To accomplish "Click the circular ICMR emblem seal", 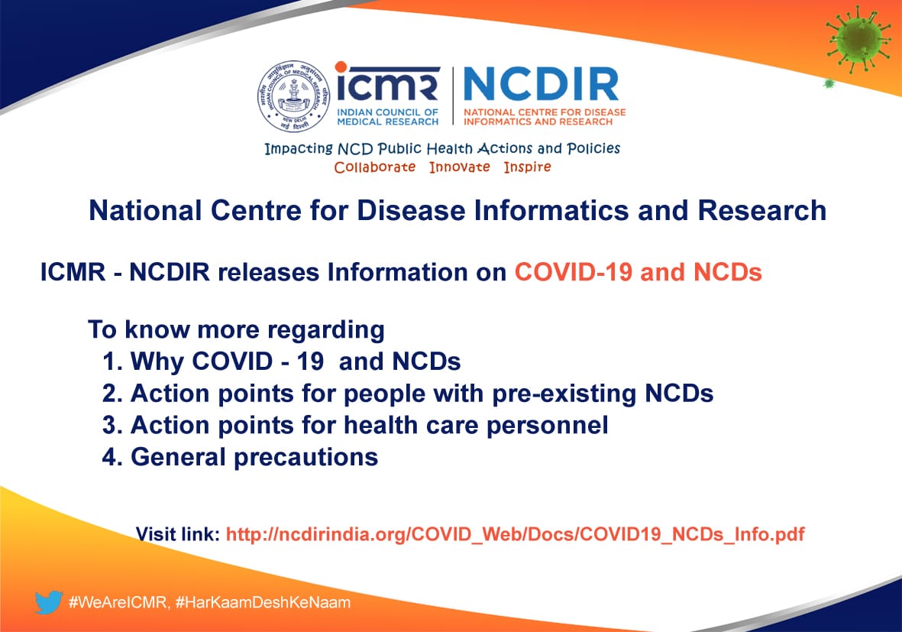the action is click(293, 96).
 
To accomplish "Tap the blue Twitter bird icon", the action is click(48, 602).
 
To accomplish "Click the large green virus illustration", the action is click(858, 39).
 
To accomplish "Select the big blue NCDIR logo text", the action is click(541, 85).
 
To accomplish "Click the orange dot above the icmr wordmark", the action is click(341, 67).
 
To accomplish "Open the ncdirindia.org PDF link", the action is click(515, 535).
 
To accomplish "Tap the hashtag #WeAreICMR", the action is click(118, 603).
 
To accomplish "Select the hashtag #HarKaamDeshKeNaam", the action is click(263, 603).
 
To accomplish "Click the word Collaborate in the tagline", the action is click(374, 167).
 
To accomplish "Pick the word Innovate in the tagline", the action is click(460, 167).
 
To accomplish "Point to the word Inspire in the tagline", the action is click(528, 167).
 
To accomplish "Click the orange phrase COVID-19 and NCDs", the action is click(638, 272).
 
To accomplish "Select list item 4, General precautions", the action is click(240, 457).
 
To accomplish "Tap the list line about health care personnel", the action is click(355, 426).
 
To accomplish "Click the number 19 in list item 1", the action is click(310, 361).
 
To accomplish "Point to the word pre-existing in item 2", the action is click(564, 394).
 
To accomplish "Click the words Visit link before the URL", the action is click(178, 535).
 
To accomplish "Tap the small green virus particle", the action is click(829, 84).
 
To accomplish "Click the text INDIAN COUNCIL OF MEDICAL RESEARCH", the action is click(388, 117).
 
